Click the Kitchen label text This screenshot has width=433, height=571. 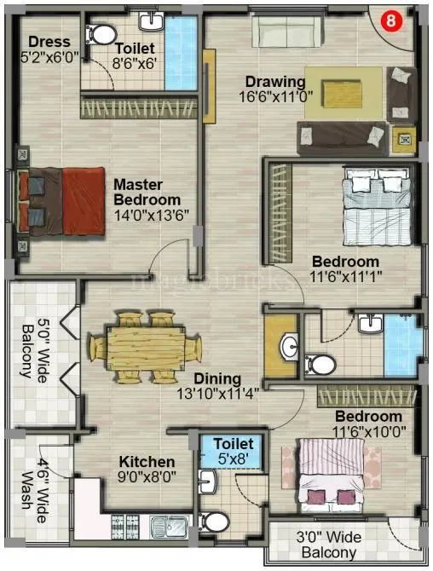point(146,460)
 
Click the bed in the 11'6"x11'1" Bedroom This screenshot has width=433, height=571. point(372,203)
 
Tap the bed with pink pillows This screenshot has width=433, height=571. point(334,480)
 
